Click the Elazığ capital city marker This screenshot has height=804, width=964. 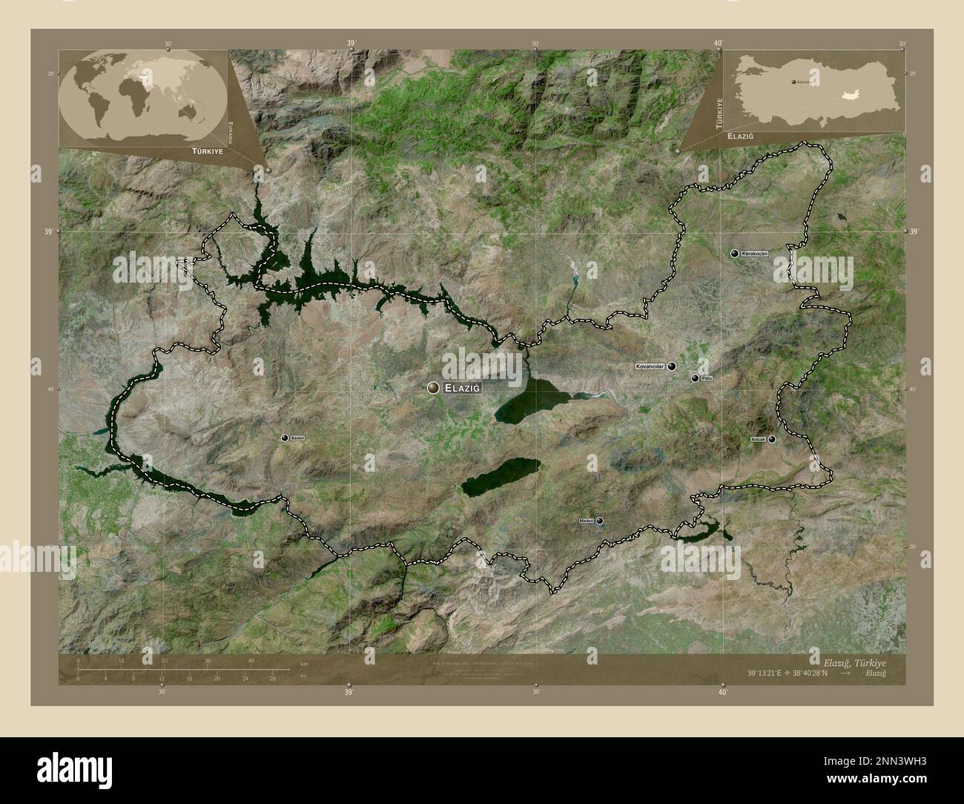pyautogui.click(x=433, y=387)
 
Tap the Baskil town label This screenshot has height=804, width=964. pyautogui.click(x=298, y=438)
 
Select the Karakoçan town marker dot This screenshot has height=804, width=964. pyautogui.click(x=733, y=254)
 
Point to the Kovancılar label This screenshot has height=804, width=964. pyautogui.click(x=650, y=366)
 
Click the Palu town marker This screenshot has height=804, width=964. pyautogui.click(x=695, y=378)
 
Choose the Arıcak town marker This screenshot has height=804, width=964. pyautogui.click(x=772, y=439)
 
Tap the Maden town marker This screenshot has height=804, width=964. pyautogui.click(x=599, y=521)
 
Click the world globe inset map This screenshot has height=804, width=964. pyautogui.click(x=142, y=96)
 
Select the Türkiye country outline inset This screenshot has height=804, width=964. pyautogui.click(x=816, y=88)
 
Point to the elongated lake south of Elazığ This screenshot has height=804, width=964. pyautogui.click(x=501, y=475)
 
